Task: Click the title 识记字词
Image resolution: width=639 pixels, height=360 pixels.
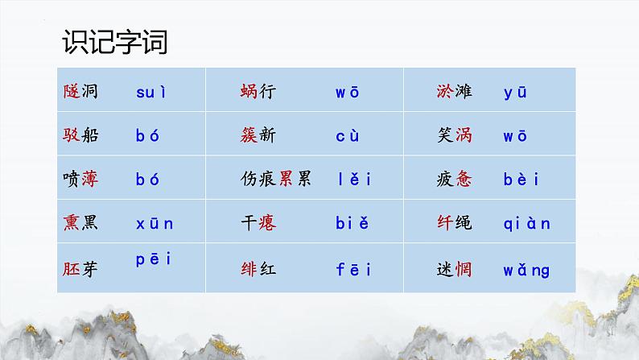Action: [x=114, y=41]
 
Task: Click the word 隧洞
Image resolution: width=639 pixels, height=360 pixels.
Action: [x=80, y=92]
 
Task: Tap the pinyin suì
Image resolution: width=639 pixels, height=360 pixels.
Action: [x=151, y=92]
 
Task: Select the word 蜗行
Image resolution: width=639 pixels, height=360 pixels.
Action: [x=258, y=92]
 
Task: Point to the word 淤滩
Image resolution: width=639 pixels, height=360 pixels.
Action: [x=452, y=92]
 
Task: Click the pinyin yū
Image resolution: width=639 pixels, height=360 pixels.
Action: [x=515, y=93]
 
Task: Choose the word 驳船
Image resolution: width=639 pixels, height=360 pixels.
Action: [x=80, y=135]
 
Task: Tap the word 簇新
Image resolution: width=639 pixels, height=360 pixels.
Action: [x=258, y=135]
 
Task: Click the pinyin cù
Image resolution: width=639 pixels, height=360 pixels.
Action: [x=348, y=135]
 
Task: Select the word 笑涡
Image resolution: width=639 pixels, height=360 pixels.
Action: [x=452, y=135]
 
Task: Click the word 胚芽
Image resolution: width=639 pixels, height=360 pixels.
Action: [x=80, y=269]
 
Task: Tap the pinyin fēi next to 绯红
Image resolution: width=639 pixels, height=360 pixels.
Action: [x=352, y=269]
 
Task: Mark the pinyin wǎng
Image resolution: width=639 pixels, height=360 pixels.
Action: [x=527, y=269]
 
